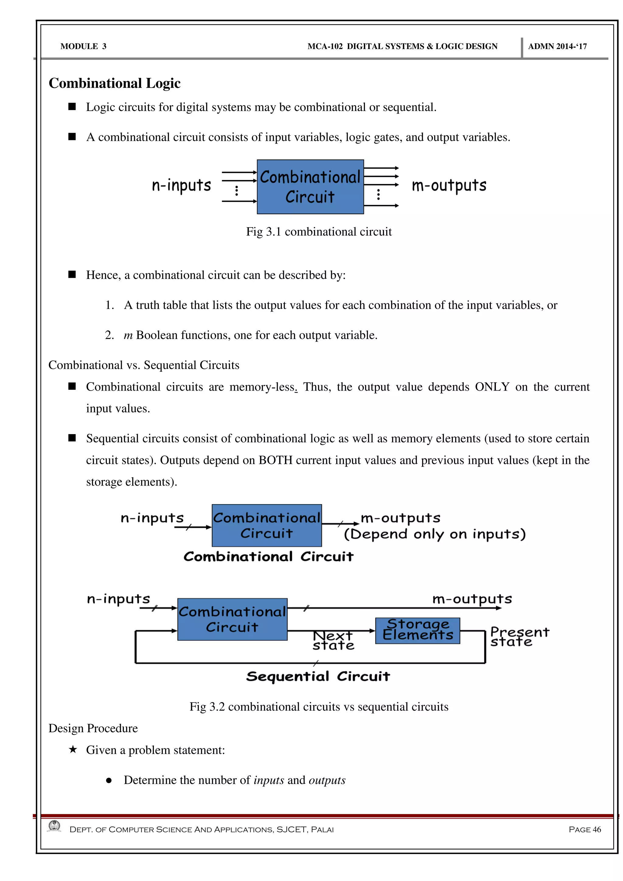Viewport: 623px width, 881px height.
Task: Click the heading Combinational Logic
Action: [114, 83]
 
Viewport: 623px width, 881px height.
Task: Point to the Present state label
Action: [520, 637]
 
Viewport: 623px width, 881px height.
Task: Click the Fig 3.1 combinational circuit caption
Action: [319, 232]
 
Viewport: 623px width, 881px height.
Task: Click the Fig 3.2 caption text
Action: [319, 707]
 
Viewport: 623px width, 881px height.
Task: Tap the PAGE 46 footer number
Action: [585, 830]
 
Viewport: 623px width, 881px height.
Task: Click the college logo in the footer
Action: [54, 826]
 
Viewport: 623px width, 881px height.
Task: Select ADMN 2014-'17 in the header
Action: [557, 47]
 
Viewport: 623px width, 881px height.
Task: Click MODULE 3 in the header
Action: [83, 47]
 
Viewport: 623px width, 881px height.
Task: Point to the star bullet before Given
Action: [72, 749]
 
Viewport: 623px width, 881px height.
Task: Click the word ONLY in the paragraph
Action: [492, 387]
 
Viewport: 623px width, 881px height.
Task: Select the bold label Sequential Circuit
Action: [318, 677]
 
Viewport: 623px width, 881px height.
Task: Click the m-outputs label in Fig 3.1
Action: [449, 186]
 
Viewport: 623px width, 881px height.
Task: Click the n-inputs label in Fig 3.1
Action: [181, 186]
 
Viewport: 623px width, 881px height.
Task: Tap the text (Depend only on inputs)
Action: [434, 534]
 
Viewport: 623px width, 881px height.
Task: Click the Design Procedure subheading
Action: [93, 728]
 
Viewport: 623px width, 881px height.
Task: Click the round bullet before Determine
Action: [109, 781]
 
